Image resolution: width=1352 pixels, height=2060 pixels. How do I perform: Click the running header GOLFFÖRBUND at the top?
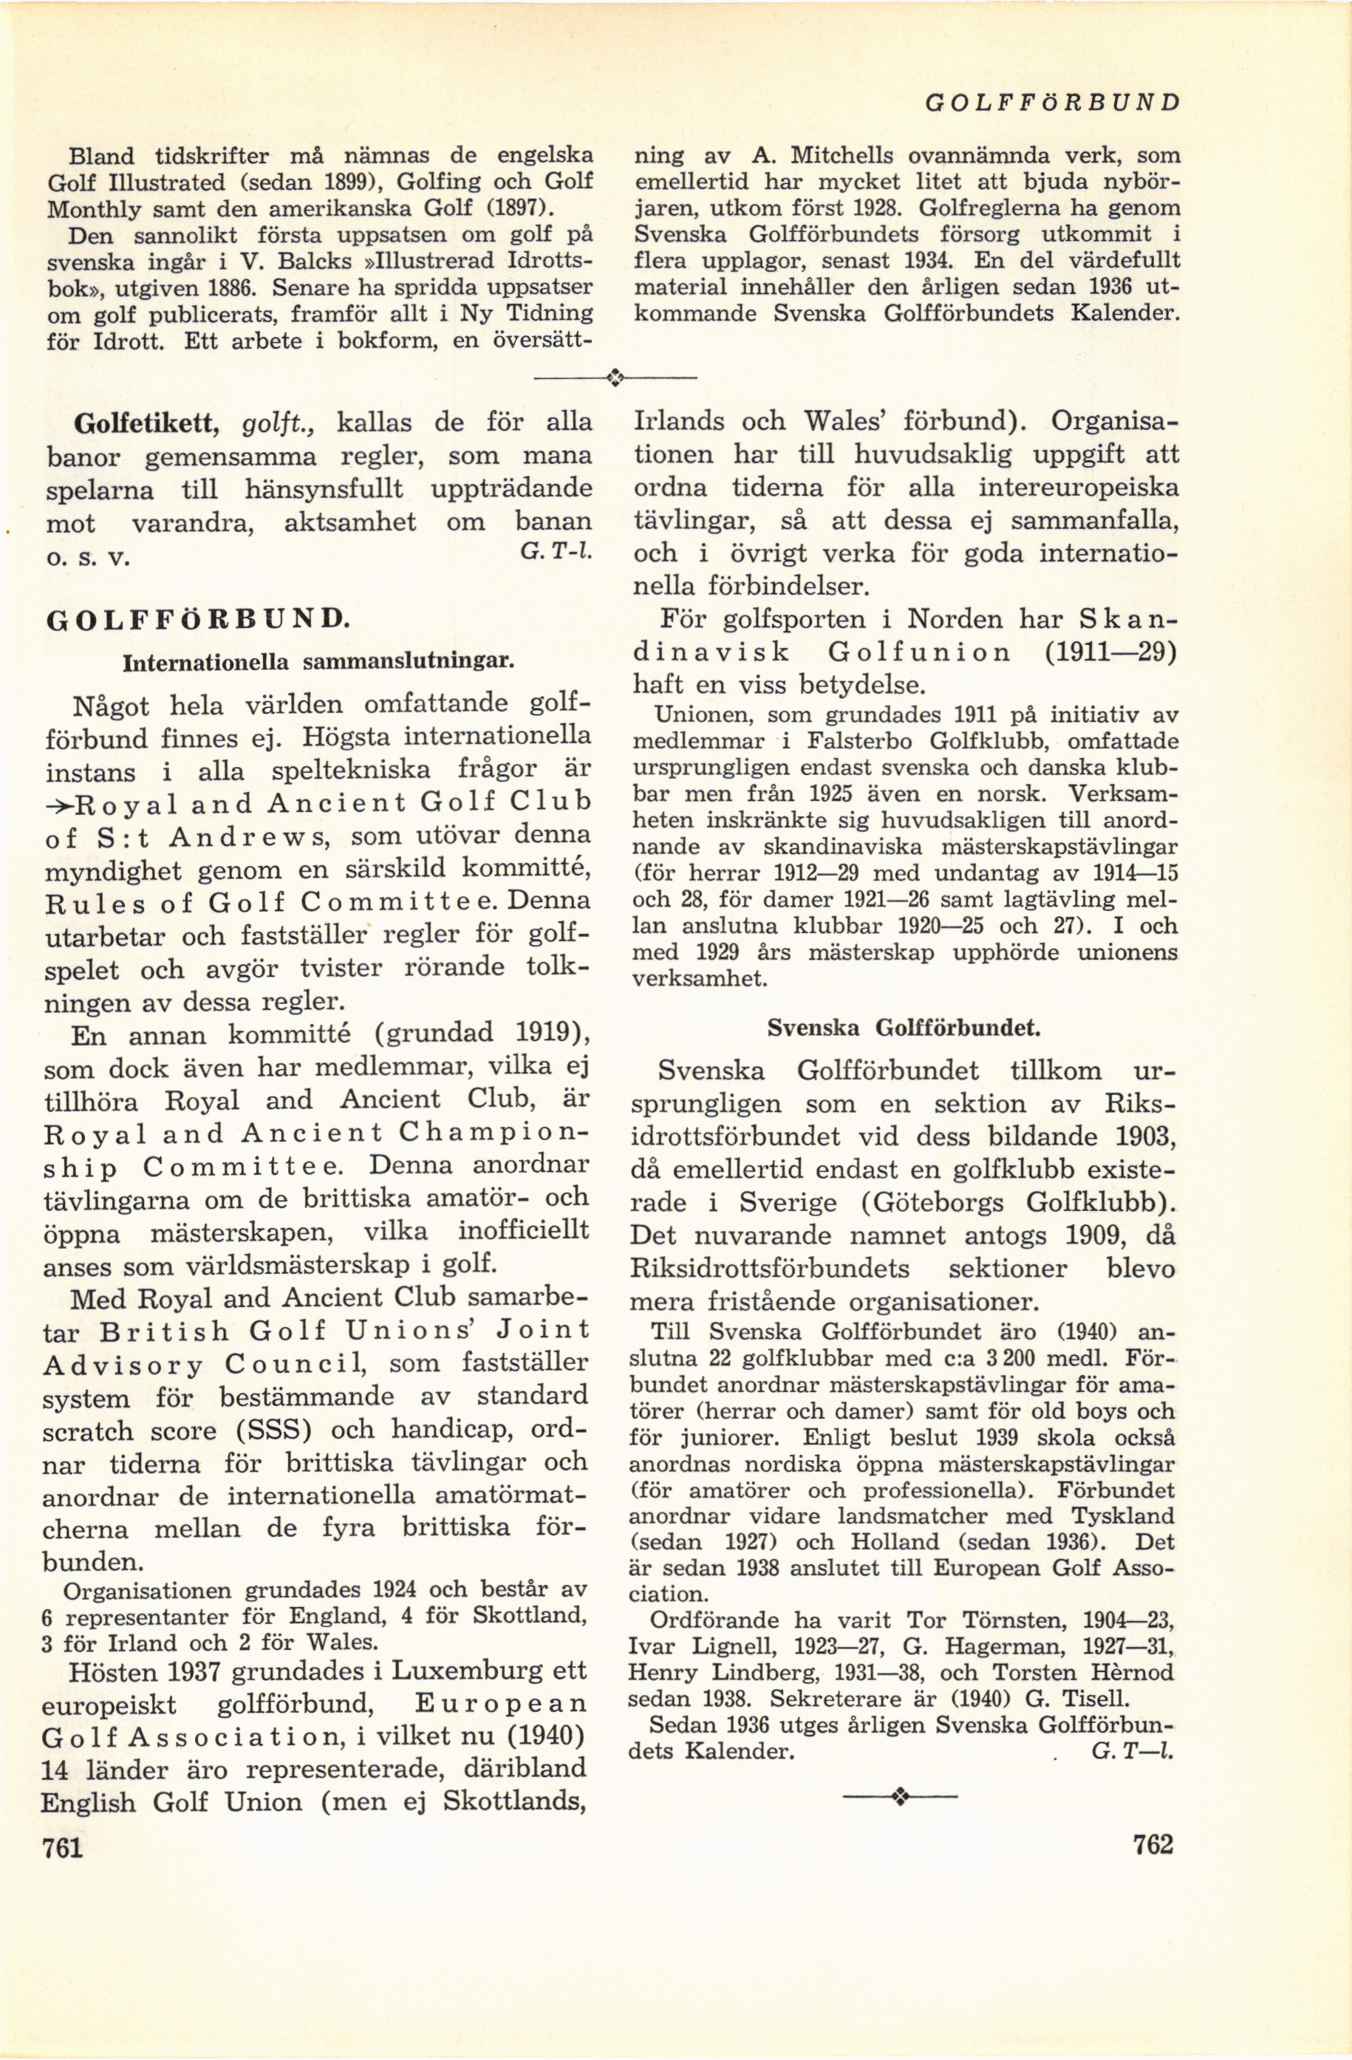[1051, 102]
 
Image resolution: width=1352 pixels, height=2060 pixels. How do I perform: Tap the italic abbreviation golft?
[276, 425]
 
